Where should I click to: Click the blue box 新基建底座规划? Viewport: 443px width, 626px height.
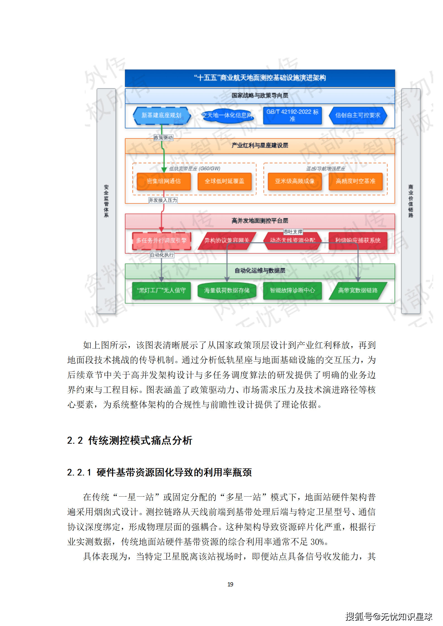[x=162, y=115]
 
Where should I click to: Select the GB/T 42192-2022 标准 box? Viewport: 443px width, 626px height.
[x=292, y=115]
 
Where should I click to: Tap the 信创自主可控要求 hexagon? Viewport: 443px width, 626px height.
[x=358, y=115]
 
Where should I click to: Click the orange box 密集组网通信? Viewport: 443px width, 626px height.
[x=164, y=181]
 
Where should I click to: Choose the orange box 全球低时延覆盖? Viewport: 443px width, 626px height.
[x=224, y=181]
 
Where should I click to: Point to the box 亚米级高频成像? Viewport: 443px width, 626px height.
[x=294, y=181]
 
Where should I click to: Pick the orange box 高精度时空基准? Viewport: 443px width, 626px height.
[x=355, y=181]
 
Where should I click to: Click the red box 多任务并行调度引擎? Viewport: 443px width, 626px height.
[x=162, y=241]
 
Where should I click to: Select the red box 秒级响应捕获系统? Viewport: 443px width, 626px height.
[x=358, y=241]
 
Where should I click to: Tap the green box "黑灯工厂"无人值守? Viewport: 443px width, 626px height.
[x=161, y=291]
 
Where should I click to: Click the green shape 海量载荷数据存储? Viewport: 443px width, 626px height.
[x=227, y=291]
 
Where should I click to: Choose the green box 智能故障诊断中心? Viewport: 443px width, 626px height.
[x=292, y=291]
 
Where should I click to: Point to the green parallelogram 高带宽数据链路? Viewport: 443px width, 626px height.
[x=358, y=291]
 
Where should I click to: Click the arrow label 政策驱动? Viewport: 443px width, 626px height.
[x=163, y=138]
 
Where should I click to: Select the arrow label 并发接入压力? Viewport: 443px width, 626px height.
[x=163, y=200]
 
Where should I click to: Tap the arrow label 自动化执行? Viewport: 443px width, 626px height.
[x=162, y=255]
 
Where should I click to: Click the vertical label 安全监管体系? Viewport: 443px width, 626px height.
[x=106, y=201]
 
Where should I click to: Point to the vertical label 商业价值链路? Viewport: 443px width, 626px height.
[x=411, y=201]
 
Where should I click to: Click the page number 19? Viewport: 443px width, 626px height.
[x=230, y=584]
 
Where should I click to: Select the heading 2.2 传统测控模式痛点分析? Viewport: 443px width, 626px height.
[x=130, y=440]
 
